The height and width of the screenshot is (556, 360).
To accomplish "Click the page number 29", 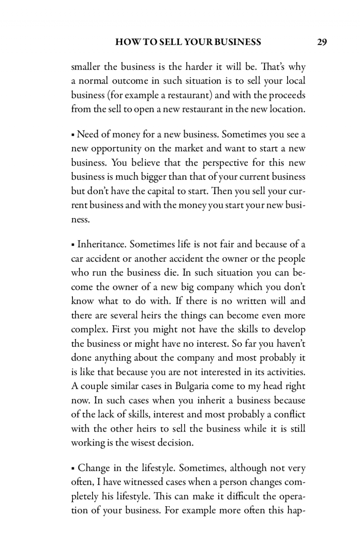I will [322, 42].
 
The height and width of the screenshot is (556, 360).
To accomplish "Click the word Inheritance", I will [102, 245].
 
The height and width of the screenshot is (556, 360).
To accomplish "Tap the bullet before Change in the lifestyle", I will [73, 469].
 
